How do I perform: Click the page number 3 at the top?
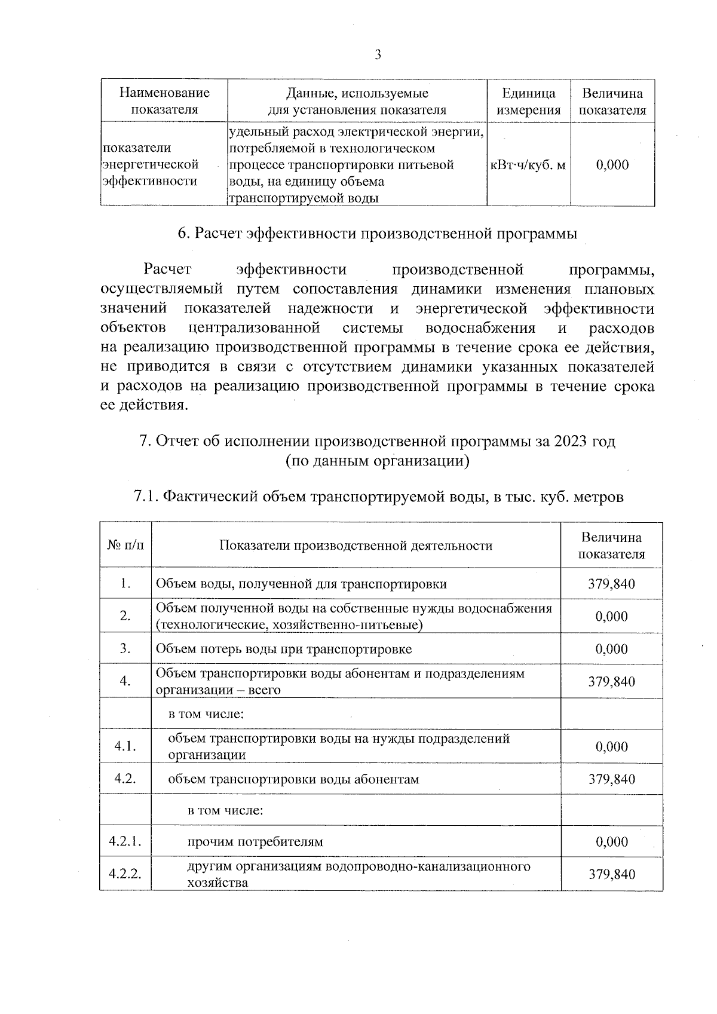(x=377, y=56)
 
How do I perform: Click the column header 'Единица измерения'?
(x=528, y=102)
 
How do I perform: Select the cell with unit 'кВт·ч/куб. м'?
(x=528, y=165)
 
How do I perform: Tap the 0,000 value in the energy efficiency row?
(x=612, y=165)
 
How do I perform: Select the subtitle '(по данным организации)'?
(x=377, y=461)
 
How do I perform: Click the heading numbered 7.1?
(x=377, y=497)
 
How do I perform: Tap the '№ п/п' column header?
(x=125, y=545)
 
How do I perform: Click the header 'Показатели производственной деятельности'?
(x=356, y=545)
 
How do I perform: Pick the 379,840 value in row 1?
(x=611, y=584)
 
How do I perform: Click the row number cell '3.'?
(x=125, y=649)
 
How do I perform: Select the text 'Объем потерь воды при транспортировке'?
(x=284, y=649)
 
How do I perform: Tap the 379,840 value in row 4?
(x=611, y=682)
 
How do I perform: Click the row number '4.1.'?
(x=125, y=746)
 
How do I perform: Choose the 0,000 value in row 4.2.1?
(x=611, y=842)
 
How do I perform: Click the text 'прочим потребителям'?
(x=255, y=842)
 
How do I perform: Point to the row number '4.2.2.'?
(x=125, y=874)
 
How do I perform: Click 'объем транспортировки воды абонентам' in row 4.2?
(x=293, y=779)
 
